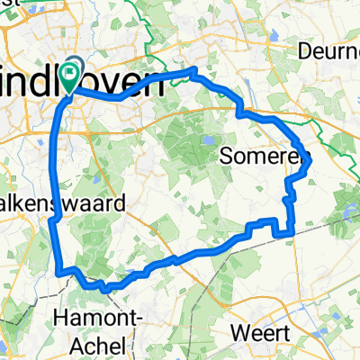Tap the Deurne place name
(x=329, y=50)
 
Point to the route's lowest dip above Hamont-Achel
(x=104, y=290)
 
